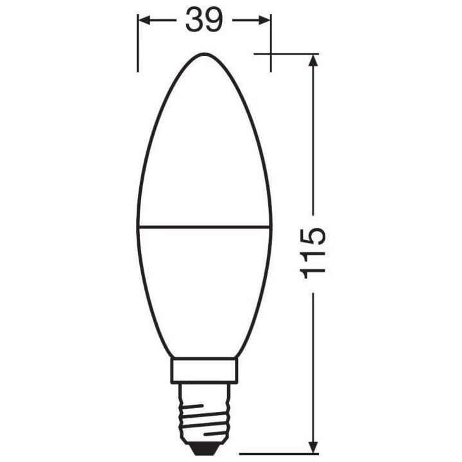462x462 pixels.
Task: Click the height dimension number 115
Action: click(313, 252)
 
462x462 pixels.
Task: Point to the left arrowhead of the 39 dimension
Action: click(143, 21)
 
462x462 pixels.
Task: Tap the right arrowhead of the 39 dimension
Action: click(265, 21)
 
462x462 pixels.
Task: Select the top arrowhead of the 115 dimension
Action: click(313, 60)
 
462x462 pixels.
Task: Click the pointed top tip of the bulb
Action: click(204, 54)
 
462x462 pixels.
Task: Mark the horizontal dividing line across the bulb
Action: click(204, 225)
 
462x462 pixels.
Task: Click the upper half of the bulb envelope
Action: click(204, 148)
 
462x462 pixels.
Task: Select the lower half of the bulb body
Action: click(204, 289)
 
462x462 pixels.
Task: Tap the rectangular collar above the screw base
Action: click(204, 371)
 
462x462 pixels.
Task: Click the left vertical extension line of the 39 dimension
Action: click(138, 45)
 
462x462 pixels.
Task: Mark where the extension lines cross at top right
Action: click(270, 54)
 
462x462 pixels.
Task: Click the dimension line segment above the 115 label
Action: click(313, 141)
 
